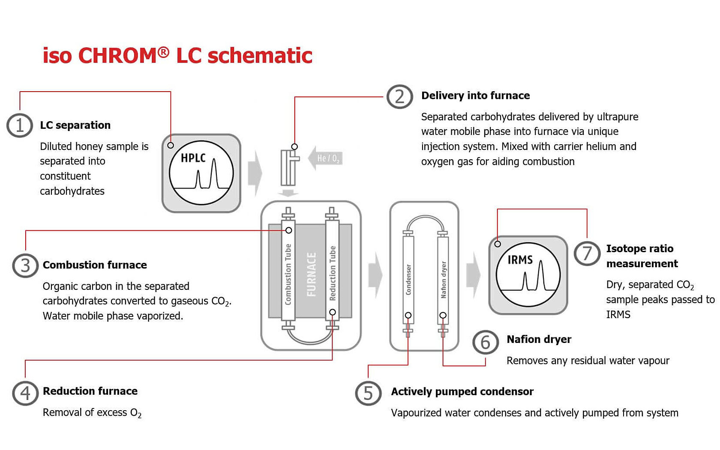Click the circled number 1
pyautogui.click(x=20, y=125)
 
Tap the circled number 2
pyautogui.click(x=399, y=96)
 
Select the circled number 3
pyautogui.click(x=25, y=265)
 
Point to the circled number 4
pyautogui.click(x=25, y=393)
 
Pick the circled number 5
pyautogui.click(x=368, y=393)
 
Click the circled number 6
pyautogui.click(x=485, y=343)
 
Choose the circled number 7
pyautogui.click(x=587, y=253)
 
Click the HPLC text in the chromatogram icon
pyautogui.click(x=193, y=158)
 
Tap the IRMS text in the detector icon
pyautogui.click(x=520, y=260)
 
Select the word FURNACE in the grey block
pyautogui.click(x=312, y=274)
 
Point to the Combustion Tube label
pyautogui.click(x=288, y=274)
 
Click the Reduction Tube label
pyautogui.click(x=332, y=273)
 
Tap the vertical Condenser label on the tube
pyautogui.click(x=408, y=279)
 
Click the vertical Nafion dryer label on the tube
pyautogui.click(x=443, y=279)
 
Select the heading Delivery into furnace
pyautogui.click(x=475, y=95)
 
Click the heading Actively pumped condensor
pyautogui.click(x=462, y=391)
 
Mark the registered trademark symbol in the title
pyautogui.click(x=163, y=52)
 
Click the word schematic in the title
pyautogui.click(x=260, y=56)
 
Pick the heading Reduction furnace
pyautogui.click(x=90, y=391)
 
